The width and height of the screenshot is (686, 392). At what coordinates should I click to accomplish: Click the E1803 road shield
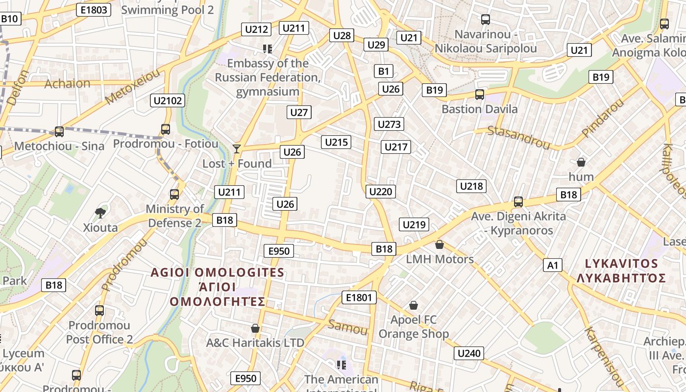[x=94, y=9]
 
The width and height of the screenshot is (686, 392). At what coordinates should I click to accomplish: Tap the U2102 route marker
[x=168, y=101]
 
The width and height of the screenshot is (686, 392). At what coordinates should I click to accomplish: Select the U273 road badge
[x=389, y=124]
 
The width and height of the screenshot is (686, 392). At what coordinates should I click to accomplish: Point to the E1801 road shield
[x=359, y=297]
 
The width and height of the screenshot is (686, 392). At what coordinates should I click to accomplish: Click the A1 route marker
[x=552, y=266]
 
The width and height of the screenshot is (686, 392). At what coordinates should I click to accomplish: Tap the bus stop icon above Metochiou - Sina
[x=59, y=131]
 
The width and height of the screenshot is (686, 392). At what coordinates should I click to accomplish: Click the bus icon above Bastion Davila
[x=479, y=95]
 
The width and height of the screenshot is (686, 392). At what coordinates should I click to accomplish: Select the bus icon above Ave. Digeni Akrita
[x=518, y=201]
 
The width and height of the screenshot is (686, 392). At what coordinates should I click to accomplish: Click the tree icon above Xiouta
[x=100, y=213]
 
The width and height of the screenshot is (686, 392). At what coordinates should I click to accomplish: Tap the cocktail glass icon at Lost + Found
[x=237, y=148]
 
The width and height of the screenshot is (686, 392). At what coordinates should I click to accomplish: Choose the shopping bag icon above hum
[x=581, y=162]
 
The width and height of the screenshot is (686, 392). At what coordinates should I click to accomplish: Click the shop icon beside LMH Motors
[x=440, y=245]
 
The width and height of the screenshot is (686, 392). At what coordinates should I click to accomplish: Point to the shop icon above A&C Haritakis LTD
[x=255, y=328]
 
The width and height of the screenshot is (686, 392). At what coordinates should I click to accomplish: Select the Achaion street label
[x=68, y=83]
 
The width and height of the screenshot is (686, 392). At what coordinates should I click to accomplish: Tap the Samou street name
[x=347, y=327]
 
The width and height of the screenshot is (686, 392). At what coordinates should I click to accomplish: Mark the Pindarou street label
[x=602, y=118]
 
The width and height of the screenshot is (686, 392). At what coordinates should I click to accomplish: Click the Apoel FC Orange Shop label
[x=414, y=327]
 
